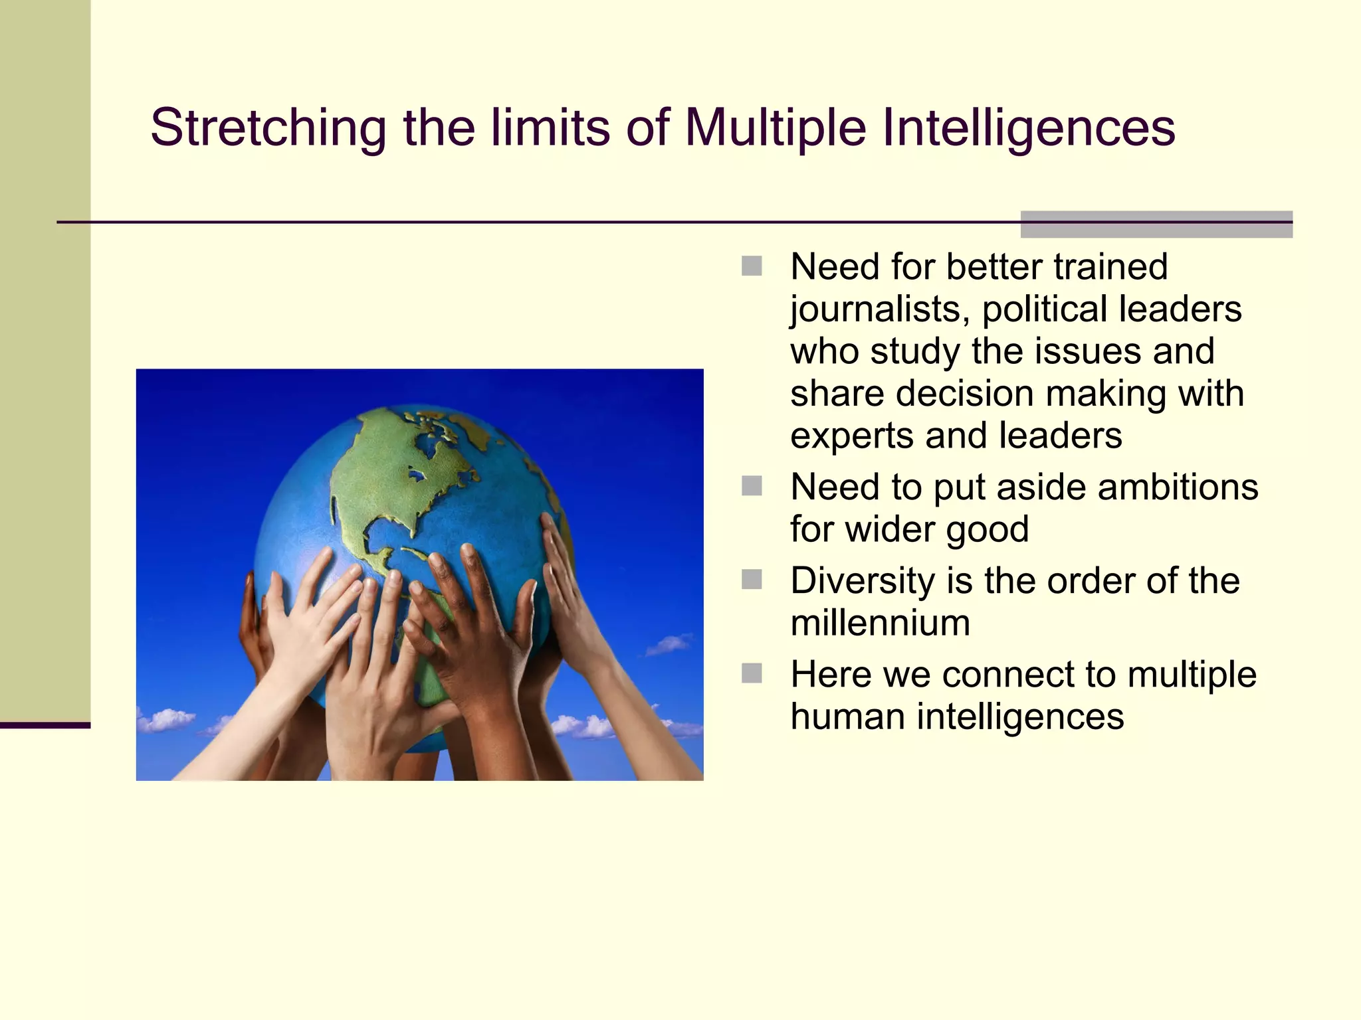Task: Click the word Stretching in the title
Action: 268,127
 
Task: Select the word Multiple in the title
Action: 776,127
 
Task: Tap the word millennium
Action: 880,624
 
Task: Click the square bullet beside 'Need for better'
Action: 752,266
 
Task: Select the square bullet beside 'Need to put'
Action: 752,486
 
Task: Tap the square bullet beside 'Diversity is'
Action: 752,580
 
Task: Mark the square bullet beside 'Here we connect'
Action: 752,673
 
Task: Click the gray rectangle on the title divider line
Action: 1156,224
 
